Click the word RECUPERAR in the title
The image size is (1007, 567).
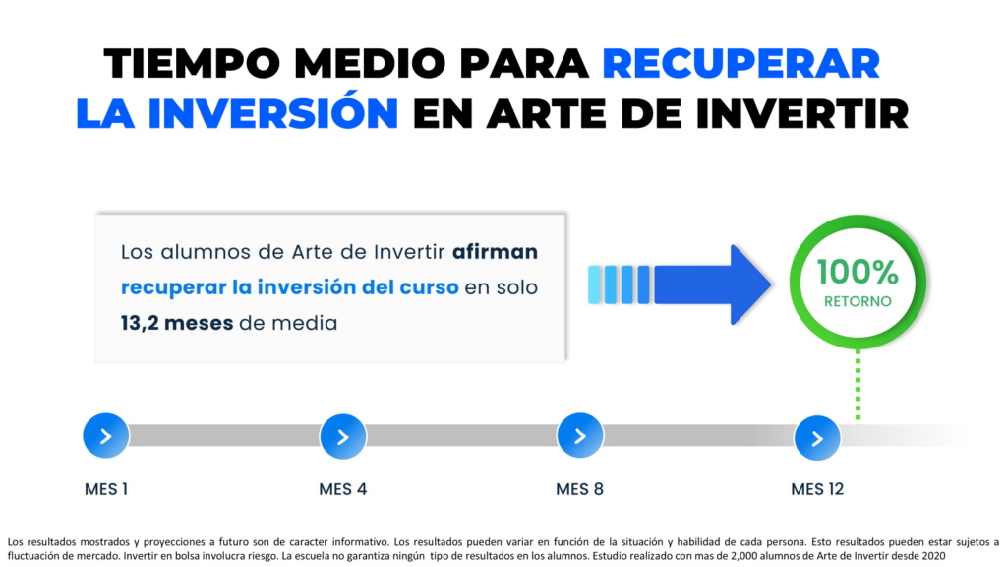[740, 64]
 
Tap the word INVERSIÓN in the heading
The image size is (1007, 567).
[273, 113]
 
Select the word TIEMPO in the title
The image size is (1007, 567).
[192, 64]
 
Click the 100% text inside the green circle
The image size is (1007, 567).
[858, 272]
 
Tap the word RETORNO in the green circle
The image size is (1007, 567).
[858, 301]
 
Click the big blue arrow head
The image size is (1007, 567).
[750, 284]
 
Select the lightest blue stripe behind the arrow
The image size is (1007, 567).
[594, 284]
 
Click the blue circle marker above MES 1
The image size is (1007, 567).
[106, 436]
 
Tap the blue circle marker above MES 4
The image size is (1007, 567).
[343, 436]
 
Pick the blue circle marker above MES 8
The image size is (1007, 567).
[580, 436]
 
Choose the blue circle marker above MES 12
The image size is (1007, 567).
[817, 438]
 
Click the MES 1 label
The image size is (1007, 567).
[106, 489]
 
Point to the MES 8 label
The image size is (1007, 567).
[579, 489]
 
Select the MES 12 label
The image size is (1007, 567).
[817, 489]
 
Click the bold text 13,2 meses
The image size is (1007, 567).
[177, 323]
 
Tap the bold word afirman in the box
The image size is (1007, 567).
[495, 251]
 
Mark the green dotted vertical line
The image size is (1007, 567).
[858, 385]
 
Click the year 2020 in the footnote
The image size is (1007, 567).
[933, 556]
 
